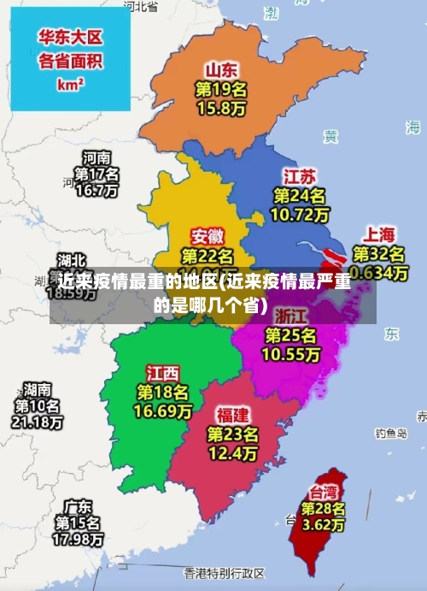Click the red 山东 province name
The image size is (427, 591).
coord(221,69)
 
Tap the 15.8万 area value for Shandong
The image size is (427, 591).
coord(221,109)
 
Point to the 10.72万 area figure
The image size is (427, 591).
coord(300,215)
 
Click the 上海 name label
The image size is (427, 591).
coord(380,233)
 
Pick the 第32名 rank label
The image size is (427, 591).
coord(380,254)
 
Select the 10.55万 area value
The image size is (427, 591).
coord(291,353)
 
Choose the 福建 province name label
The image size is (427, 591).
coord(232,415)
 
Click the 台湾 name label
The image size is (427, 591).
coord(323,492)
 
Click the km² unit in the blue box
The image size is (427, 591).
coord(70,85)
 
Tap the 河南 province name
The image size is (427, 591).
coord(96,158)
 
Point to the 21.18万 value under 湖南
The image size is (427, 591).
coord(37,422)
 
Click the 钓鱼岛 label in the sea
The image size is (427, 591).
coord(392,434)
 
